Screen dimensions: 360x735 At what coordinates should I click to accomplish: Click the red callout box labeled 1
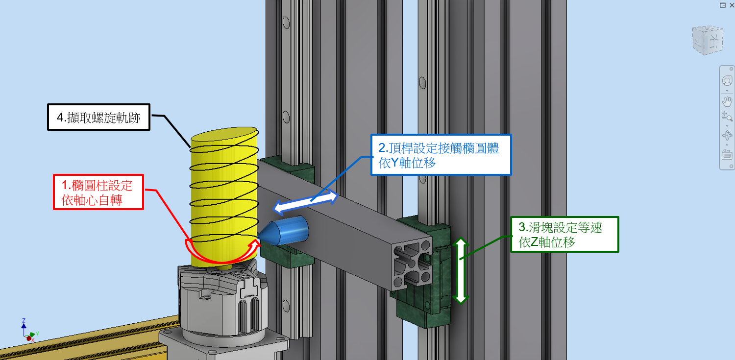(98, 192)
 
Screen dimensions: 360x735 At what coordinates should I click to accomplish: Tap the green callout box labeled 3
(564, 234)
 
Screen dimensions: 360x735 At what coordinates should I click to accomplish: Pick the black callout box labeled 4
(98, 117)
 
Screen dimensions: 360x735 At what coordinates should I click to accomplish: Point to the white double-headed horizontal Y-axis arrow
(306, 203)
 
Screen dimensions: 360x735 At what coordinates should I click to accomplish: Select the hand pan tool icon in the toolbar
(727, 102)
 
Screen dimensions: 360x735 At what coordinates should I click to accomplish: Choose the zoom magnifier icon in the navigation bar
(727, 116)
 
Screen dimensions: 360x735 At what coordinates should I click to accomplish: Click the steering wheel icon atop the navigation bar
(727, 81)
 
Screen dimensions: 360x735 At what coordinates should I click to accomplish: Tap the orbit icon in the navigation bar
(727, 136)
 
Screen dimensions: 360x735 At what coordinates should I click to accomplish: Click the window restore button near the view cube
(723, 5)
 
